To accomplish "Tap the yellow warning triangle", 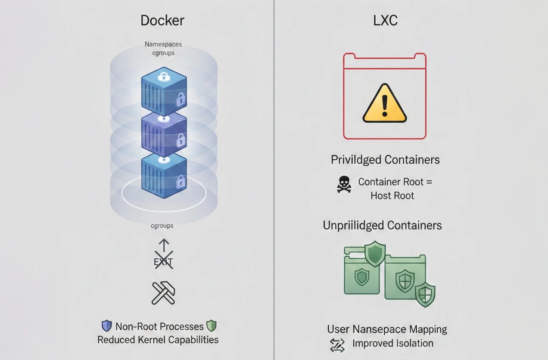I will (x=385, y=104).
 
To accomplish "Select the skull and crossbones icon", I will (x=344, y=184).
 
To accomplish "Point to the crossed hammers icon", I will (x=163, y=293).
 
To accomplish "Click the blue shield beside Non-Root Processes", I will (x=106, y=326).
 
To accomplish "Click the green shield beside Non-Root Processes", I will (x=211, y=326).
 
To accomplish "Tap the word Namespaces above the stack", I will (x=163, y=44).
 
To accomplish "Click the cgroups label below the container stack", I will (x=162, y=225).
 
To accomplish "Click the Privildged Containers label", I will (x=385, y=160).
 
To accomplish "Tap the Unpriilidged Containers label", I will (x=382, y=225).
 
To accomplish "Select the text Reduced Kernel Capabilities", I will (x=158, y=340).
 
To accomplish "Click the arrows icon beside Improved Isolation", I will (x=337, y=345).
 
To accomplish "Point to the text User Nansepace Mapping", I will (x=387, y=329).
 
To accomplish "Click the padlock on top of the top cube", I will (x=164, y=78).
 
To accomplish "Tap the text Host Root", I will (x=392, y=196).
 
